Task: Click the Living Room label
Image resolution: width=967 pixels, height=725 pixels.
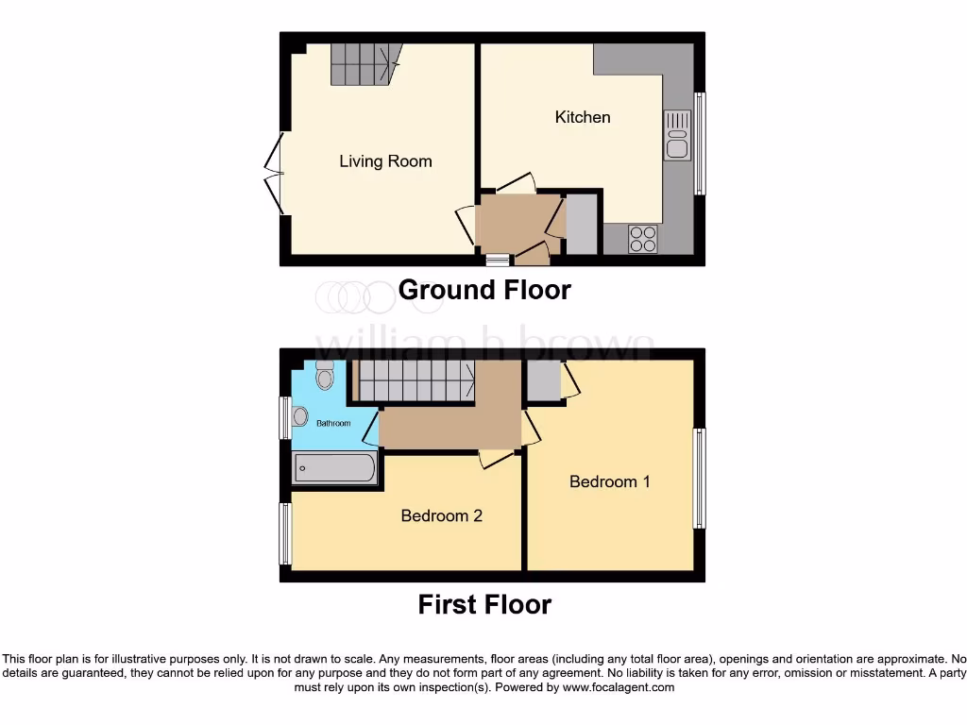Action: (x=385, y=161)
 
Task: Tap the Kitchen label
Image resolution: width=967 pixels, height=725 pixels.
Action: (x=583, y=117)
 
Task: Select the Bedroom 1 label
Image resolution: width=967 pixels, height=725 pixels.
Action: (x=609, y=481)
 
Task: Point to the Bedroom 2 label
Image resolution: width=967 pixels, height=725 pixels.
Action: (x=442, y=515)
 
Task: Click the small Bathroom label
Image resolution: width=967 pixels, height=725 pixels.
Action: (x=333, y=423)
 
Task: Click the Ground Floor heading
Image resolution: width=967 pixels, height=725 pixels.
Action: (x=484, y=290)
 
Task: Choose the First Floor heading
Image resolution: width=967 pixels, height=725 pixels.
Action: (x=484, y=604)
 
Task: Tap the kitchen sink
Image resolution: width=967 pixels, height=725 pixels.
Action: (x=677, y=135)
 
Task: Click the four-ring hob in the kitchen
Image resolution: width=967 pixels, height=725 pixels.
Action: (x=644, y=238)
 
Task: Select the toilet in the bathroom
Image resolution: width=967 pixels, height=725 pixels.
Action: (x=325, y=376)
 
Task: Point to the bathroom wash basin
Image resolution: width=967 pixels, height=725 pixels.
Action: (x=300, y=416)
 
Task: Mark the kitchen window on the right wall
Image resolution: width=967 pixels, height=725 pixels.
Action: (x=700, y=143)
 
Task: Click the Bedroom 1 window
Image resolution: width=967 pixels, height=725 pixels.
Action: (x=700, y=478)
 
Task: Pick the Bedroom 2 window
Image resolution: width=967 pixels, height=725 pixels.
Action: (x=283, y=533)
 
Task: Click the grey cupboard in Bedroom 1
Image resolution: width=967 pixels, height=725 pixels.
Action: (x=543, y=380)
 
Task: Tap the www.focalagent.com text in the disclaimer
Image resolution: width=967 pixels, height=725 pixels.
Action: (x=619, y=688)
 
